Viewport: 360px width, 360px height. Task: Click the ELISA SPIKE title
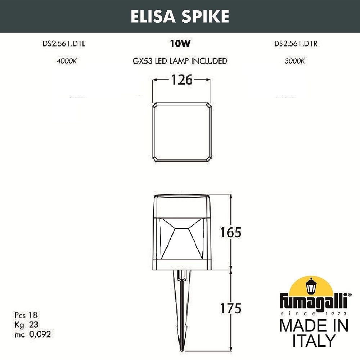pos(180,16)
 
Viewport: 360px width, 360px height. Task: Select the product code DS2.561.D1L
pos(64,44)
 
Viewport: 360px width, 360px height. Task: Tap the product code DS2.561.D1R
pos(296,44)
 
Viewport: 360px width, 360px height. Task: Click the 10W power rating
pos(180,44)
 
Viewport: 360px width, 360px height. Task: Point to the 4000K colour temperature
pos(67,61)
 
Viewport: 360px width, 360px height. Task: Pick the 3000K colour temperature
pos(295,61)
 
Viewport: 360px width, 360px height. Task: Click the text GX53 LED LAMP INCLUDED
pos(180,61)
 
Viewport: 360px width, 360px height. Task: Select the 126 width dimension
pos(181,80)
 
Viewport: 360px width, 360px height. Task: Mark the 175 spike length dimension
pos(230,308)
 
